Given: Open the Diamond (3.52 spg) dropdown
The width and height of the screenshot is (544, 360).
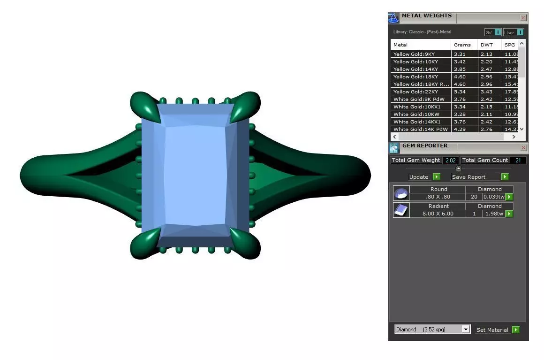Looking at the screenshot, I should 432,329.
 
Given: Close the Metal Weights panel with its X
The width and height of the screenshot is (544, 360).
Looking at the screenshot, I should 523,18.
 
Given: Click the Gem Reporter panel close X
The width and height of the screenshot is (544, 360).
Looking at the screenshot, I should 523,148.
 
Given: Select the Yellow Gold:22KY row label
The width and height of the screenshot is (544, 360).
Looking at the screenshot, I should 420,92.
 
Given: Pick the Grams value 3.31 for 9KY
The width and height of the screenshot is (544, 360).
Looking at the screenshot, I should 460,54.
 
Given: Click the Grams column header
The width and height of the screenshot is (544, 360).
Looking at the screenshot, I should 462,45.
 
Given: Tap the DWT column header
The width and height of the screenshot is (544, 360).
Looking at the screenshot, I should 487,45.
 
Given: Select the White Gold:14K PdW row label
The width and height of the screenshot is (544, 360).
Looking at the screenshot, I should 420,129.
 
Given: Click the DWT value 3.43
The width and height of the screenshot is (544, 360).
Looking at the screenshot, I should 486,92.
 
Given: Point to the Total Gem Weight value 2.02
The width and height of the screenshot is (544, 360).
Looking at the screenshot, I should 450,160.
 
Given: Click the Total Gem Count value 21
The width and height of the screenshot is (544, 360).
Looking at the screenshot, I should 518,160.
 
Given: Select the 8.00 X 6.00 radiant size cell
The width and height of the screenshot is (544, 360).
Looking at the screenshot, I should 438,214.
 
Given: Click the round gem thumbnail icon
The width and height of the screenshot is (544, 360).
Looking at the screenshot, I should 401,193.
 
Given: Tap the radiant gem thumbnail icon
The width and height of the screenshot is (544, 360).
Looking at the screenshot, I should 401,210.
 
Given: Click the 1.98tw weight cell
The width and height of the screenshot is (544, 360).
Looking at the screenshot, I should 493,214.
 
